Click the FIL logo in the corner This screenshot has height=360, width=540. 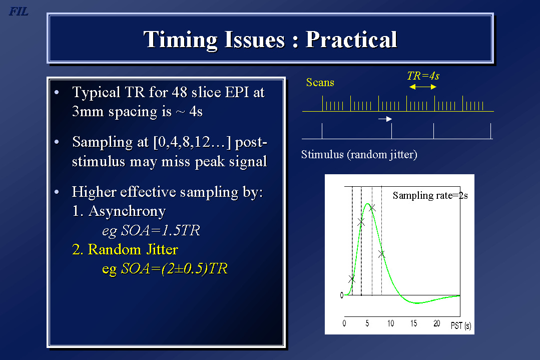click(x=18, y=12)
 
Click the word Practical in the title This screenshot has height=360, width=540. click(x=351, y=39)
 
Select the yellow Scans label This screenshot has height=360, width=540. click(x=320, y=82)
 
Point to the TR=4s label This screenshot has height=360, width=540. click(x=423, y=76)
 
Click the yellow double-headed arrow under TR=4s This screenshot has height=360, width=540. click(x=422, y=87)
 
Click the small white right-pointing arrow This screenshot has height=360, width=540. click(x=385, y=119)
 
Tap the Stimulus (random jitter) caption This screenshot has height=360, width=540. click(x=359, y=154)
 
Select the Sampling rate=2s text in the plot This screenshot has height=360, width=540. click(x=430, y=195)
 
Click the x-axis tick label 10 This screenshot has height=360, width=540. click(x=390, y=323)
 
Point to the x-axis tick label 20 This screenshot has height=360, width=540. click(x=437, y=323)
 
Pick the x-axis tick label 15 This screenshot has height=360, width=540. click(x=413, y=323)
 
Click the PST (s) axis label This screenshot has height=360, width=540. click(x=461, y=325)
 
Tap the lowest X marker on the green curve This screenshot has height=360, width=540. click(x=352, y=279)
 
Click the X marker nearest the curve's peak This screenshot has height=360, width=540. click(x=372, y=208)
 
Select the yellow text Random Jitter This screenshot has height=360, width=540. click(x=133, y=249)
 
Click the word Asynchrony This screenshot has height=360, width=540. click(x=127, y=211)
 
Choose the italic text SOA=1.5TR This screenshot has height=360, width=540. click(x=161, y=230)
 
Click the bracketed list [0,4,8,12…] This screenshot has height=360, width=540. click(x=192, y=142)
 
